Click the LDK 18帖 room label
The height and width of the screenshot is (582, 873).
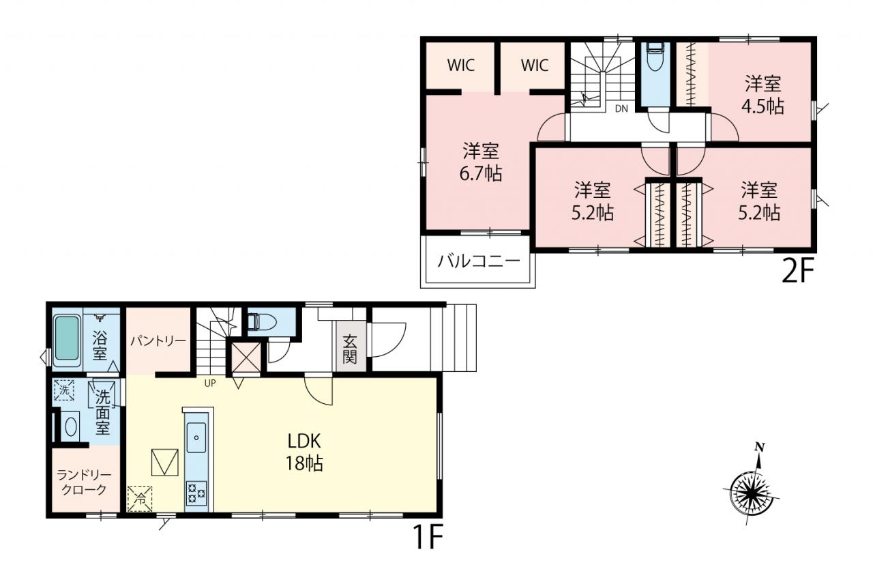click(x=304, y=452)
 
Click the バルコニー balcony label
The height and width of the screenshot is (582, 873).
click(x=479, y=261)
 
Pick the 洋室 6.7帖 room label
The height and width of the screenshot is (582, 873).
click(x=481, y=162)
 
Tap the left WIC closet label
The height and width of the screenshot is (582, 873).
click(x=461, y=66)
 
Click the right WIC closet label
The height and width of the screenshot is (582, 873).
click(x=535, y=66)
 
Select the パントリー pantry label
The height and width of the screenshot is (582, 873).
click(x=158, y=341)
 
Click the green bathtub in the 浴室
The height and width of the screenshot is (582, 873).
click(x=67, y=338)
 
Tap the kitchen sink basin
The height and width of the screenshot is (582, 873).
click(x=196, y=437)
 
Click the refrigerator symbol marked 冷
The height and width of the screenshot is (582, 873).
click(x=140, y=499)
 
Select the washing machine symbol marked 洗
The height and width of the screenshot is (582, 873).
click(x=64, y=390)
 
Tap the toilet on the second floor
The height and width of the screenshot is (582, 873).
click(x=655, y=57)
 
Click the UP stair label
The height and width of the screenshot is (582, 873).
click(x=210, y=383)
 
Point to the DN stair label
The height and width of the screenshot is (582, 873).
click(x=621, y=108)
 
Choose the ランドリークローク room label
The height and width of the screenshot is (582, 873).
click(x=84, y=482)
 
